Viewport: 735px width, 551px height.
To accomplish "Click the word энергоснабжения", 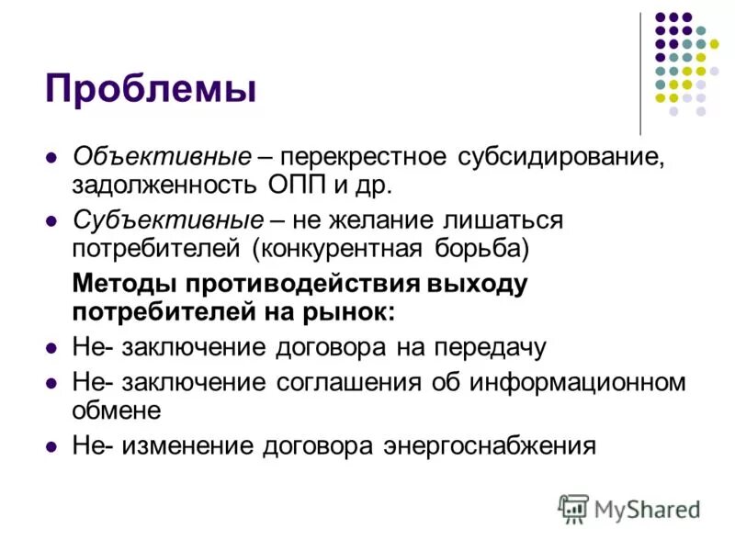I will pyautogui.click(x=485, y=446).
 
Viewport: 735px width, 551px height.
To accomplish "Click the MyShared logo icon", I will pyautogui.click(x=573, y=508).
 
